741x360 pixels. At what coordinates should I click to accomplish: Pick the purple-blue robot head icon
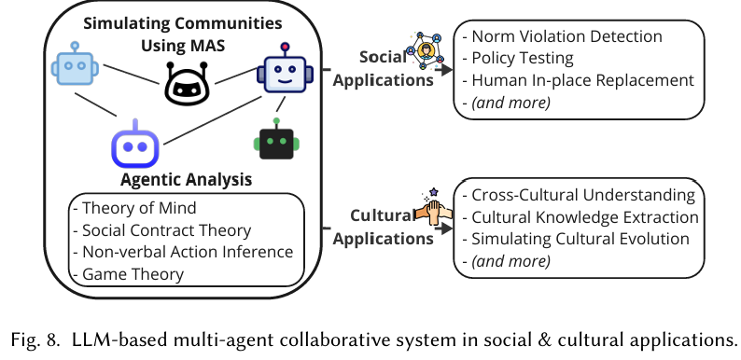(x=136, y=145)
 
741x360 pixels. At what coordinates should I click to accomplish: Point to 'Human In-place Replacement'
(x=578, y=79)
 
